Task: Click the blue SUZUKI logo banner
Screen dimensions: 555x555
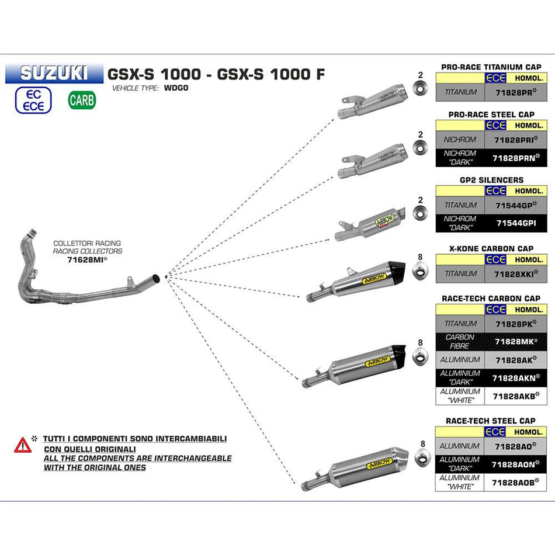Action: (x=54, y=73)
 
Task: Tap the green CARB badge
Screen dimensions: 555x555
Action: (x=81, y=100)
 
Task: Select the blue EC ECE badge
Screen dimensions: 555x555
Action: (x=34, y=100)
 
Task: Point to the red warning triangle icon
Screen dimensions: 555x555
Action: (x=22, y=445)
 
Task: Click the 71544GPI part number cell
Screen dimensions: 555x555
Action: (x=515, y=223)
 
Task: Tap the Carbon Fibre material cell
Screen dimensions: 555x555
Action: (x=460, y=342)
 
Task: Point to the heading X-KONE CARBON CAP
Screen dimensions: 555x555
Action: (x=491, y=248)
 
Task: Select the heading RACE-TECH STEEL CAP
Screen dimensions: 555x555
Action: (x=491, y=421)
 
